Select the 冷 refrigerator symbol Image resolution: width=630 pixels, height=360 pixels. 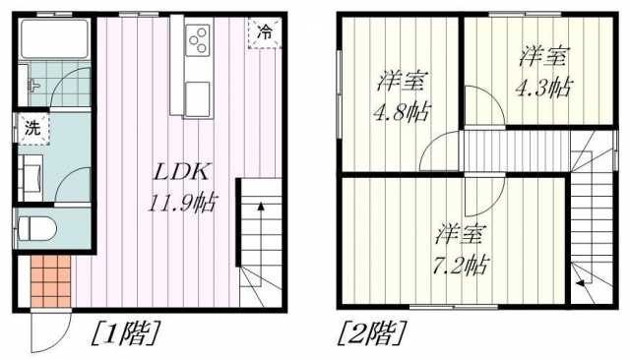click(x=264, y=30)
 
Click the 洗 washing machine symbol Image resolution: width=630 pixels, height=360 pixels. click(x=32, y=127)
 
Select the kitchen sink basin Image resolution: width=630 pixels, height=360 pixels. click(x=196, y=99)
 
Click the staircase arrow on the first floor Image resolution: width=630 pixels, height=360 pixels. click(x=259, y=207)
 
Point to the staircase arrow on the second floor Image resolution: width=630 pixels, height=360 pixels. click(x=581, y=283)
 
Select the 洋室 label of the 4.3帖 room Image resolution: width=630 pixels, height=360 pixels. click(x=544, y=55)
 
